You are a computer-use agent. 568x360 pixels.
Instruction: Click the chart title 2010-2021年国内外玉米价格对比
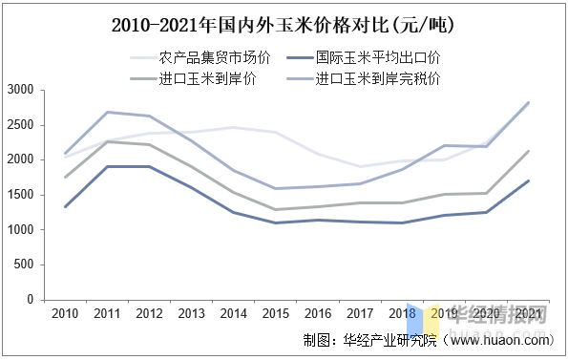284,25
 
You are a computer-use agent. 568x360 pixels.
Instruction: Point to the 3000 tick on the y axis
22,90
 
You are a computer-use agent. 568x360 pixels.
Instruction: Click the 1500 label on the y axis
22,195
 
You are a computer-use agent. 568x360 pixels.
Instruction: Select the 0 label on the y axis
31,300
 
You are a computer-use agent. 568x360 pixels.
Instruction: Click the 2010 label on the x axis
65,314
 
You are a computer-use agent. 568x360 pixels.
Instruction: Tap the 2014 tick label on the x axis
233,314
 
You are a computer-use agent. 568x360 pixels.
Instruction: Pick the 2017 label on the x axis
360,314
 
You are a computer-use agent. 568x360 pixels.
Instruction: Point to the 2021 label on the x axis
528,314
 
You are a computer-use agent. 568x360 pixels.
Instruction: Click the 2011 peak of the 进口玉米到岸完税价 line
107,112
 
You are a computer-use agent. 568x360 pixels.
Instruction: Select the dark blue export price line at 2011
107,166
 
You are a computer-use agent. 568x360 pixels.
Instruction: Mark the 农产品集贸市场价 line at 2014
233,127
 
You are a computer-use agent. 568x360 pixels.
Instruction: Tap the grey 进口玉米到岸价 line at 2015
275,209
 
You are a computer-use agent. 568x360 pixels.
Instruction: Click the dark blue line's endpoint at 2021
528,180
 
